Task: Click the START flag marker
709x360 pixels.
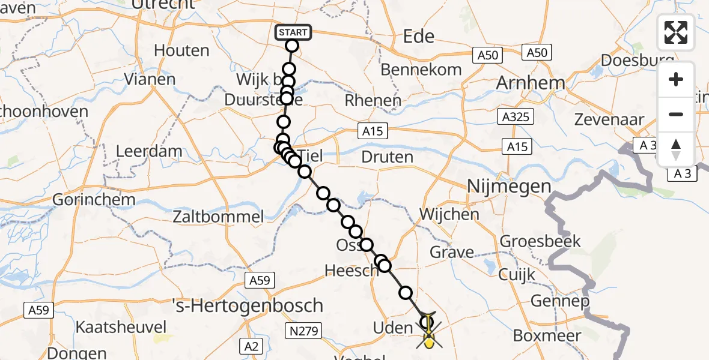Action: click(x=293, y=32)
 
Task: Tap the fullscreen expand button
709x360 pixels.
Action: click(x=676, y=32)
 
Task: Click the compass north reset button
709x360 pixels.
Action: click(x=676, y=149)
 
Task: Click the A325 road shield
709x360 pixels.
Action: click(x=516, y=116)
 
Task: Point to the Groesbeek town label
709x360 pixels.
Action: click(x=540, y=241)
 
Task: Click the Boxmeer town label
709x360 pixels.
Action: click(x=547, y=335)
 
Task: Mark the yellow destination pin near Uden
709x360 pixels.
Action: click(x=428, y=343)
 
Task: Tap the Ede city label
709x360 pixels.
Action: click(x=419, y=37)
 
